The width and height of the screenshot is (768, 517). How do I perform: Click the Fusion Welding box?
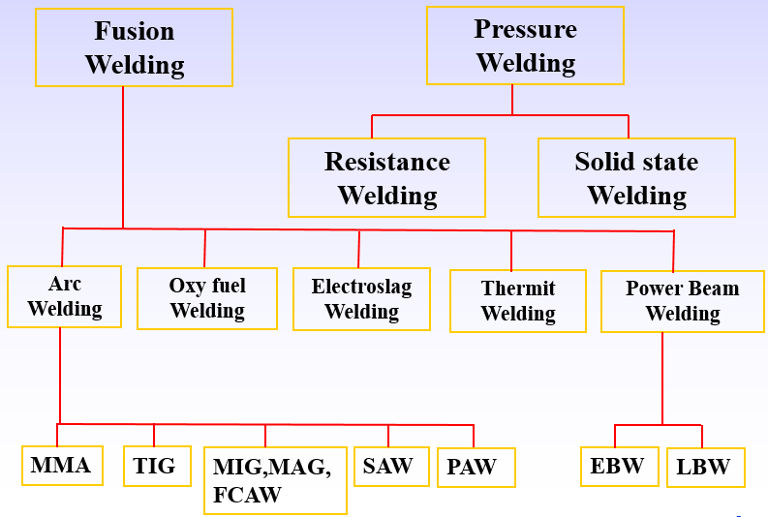[x=134, y=47]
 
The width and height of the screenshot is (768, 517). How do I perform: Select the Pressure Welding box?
[x=526, y=46]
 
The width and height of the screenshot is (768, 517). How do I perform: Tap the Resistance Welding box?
[x=386, y=177]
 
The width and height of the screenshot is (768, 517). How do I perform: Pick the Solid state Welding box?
[x=636, y=177]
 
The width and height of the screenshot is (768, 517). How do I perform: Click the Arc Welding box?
[x=65, y=296]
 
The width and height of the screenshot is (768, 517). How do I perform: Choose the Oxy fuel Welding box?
[x=207, y=298]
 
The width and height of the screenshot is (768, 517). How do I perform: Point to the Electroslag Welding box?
[x=361, y=299]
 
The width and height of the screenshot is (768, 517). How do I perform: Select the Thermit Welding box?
[x=518, y=301]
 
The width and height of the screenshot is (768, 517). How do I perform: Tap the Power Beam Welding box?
[x=682, y=301]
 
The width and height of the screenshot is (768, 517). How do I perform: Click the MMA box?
[x=61, y=466]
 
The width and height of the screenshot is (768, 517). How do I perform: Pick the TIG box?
[x=156, y=466]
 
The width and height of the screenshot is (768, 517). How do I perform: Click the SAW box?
[x=388, y=466]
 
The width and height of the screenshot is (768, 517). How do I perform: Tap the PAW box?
[x=475, y=468]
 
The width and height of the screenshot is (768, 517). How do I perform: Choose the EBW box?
[x=618, y=466]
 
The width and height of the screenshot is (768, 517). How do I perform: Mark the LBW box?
[x=705, y=468]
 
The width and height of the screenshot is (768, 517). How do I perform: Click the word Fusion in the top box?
[x=134, y=32]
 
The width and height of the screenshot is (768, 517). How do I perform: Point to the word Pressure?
[x=526, y=30]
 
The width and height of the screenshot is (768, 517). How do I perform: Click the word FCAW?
[x=248, y=495]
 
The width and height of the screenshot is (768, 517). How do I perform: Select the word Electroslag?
[x=361, y=288]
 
